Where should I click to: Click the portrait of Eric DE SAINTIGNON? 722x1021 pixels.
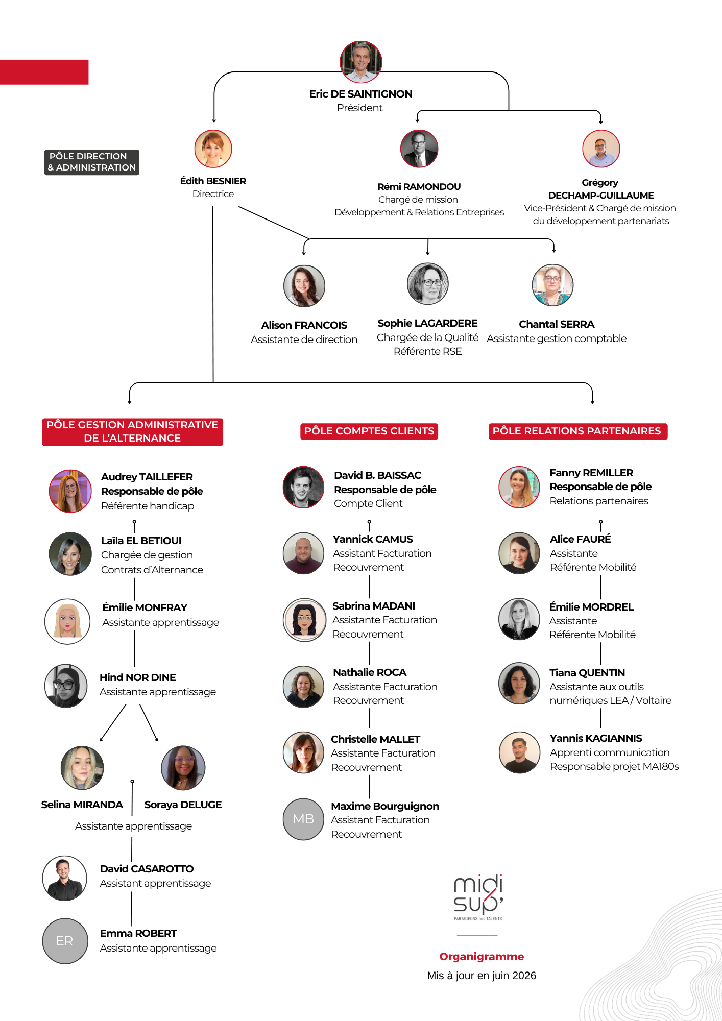tap(361, 62)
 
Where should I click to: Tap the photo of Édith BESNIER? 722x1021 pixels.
tap(213, 149)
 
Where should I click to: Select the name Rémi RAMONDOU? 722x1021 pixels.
tap(419, 187)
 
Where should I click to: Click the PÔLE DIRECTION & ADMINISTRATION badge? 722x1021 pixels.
tap(92, 162)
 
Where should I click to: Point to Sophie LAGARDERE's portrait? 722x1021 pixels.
tap(428, 284)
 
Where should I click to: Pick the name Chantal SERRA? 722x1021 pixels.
tap(557, 324)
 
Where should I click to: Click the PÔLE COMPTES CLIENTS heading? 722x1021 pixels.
tap(369, 431)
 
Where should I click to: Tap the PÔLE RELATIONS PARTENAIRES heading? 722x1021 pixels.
tap(577, 431)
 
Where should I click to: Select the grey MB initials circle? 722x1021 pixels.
tap(304, 819)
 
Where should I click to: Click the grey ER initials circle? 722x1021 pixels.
tap(65, 941)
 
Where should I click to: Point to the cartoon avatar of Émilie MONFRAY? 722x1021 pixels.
tap(67, 621)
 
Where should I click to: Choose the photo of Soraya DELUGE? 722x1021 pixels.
tap(183, 768)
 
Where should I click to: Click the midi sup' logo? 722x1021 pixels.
tap(478, 897)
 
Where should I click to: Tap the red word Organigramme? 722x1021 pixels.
tap(482, 957)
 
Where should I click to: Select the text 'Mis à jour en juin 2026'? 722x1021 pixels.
tap(482, 976)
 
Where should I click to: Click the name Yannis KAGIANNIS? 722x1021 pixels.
tap(596, 738)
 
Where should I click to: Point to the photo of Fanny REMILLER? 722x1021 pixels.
tap(519, 487)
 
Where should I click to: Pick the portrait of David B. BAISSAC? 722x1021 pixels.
tap(304, 487)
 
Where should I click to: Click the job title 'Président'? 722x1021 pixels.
tap(360, 108)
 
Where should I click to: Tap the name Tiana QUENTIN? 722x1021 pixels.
tap(587, 673)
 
